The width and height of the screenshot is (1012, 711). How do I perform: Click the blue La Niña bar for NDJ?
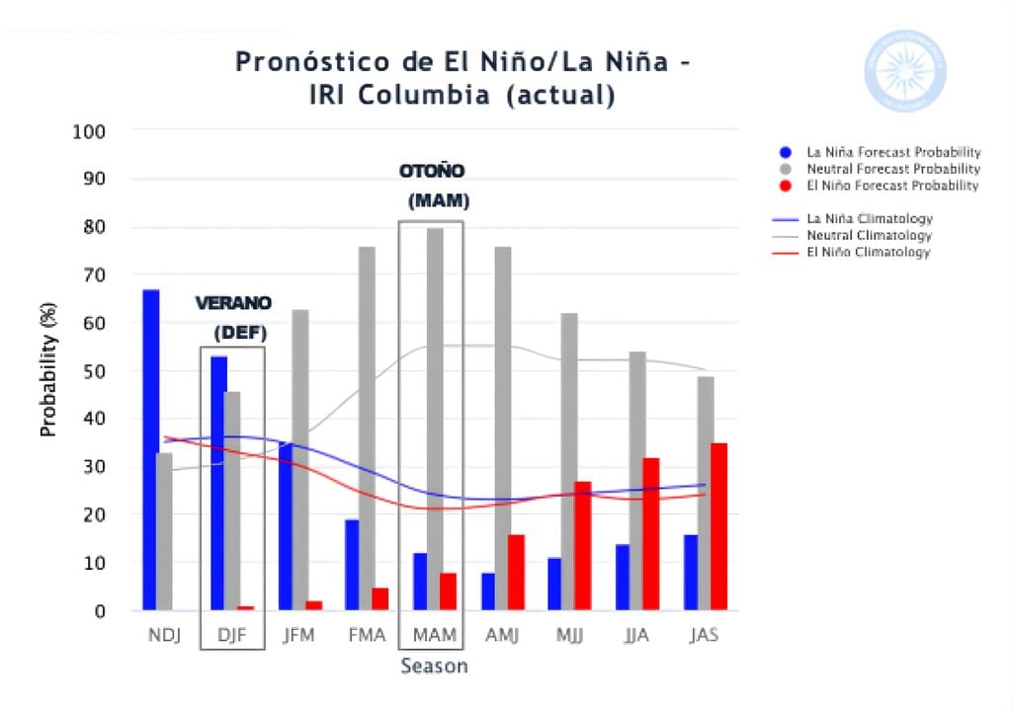pos(150,449)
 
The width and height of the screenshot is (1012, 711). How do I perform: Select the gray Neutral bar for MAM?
pos(435,419)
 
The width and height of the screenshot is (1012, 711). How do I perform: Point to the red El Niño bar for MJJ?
pos(583,546)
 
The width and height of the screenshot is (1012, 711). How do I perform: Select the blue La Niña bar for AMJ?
pos(488,591)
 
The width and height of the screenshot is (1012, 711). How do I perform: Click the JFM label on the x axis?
pos(298,635)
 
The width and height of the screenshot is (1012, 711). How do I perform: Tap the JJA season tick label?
pos(636,635)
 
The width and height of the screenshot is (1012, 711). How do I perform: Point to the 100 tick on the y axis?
pos(89,131)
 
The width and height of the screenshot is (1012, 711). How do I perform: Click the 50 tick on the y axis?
pos(94,371)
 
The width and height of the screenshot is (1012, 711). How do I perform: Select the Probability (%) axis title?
pos(47,370)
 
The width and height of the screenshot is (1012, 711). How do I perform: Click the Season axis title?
pos(434,667)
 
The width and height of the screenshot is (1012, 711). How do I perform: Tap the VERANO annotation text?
pos(233,302)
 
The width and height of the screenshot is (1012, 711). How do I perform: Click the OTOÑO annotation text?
pos(432,171)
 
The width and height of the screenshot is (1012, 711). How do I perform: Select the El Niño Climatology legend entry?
pos(868,253)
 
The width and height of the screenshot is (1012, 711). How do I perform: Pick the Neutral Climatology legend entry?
pos(868,236)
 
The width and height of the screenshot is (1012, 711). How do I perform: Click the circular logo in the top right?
pos(905,70)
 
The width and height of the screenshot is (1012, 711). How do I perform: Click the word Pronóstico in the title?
pos(301,62)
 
